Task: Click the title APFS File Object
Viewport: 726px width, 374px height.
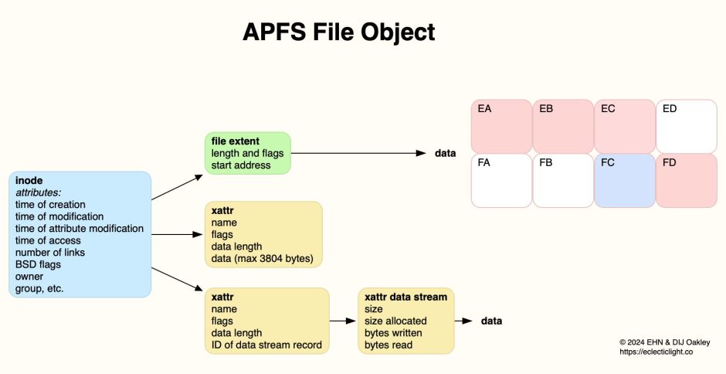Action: click(339, 32)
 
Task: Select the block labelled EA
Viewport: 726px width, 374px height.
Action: click(501, 126)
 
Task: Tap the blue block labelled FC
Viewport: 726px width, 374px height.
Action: click(625, 180)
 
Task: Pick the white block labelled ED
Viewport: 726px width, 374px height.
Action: click(687, 126)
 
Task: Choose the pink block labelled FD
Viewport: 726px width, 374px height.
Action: click(687, 180)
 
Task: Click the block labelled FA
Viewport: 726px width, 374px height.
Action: click(501, 180)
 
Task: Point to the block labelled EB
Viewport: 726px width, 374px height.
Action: click(563, 126)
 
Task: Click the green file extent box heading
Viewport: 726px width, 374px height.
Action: click(233, 141)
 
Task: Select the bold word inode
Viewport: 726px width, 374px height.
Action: click(29, 180)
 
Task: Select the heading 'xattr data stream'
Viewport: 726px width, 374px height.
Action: click(405, 296)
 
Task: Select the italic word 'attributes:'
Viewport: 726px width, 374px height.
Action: click(38, 192)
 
